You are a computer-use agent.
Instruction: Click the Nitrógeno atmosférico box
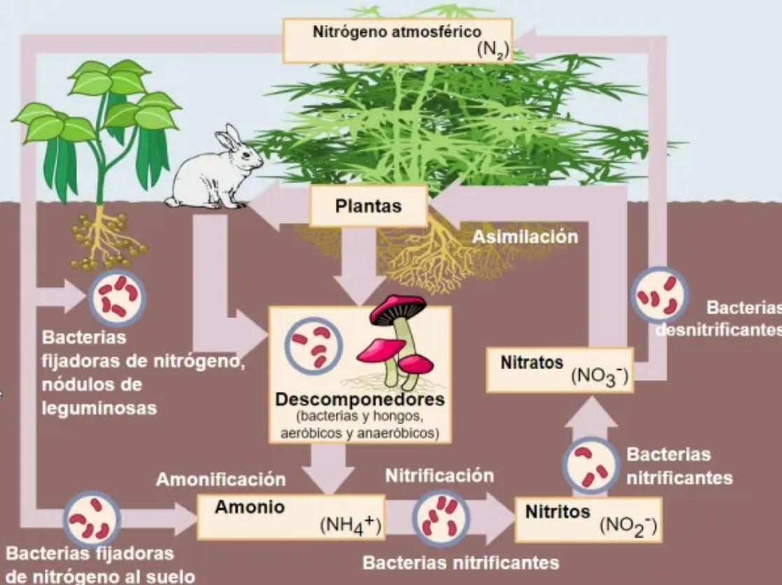pos(397,41)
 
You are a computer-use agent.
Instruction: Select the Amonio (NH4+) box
pos(291,517)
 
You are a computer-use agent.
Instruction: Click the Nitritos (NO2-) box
pos(588,519)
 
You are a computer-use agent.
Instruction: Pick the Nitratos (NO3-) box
pos(560,370)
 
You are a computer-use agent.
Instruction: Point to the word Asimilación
pos(525,237)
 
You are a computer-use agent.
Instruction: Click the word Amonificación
pos(220,480)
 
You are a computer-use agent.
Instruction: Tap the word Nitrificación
pos(439,476)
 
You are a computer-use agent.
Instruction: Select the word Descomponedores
pos(360,400)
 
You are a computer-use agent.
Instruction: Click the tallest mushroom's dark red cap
pos(397,309)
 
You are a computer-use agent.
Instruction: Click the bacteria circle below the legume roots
pos(117,297)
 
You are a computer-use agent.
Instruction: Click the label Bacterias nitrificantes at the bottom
pos(461,563)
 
